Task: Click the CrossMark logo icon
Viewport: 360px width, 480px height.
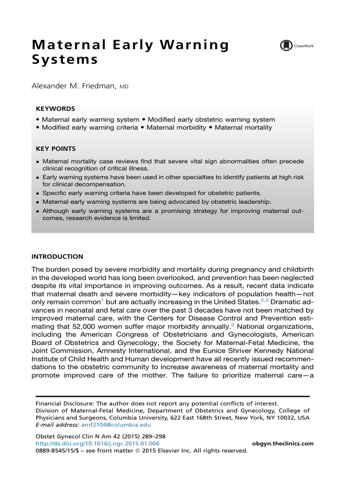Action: pyautogui.click(x=286, y=45)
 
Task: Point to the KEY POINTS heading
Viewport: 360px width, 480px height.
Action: pyautogui.click(x=55, y=149)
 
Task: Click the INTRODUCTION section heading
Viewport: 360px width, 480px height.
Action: pyautogui.click(x=57, y=257)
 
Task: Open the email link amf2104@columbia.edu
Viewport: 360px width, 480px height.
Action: pyautogui.click(x=125, y=425)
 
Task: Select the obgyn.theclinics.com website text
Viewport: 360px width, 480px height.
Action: pyautogui.click(x=283, y=443)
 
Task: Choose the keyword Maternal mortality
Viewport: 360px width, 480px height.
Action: pyautogui.click(x=243, y=127)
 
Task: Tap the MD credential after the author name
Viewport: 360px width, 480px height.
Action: pyautogui.click(x=124, y=87)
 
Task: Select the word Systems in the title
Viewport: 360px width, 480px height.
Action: pyautogui.click(x=65, y=60)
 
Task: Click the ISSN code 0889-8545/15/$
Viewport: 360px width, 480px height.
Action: pyautogui.click(x=56, y=451)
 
